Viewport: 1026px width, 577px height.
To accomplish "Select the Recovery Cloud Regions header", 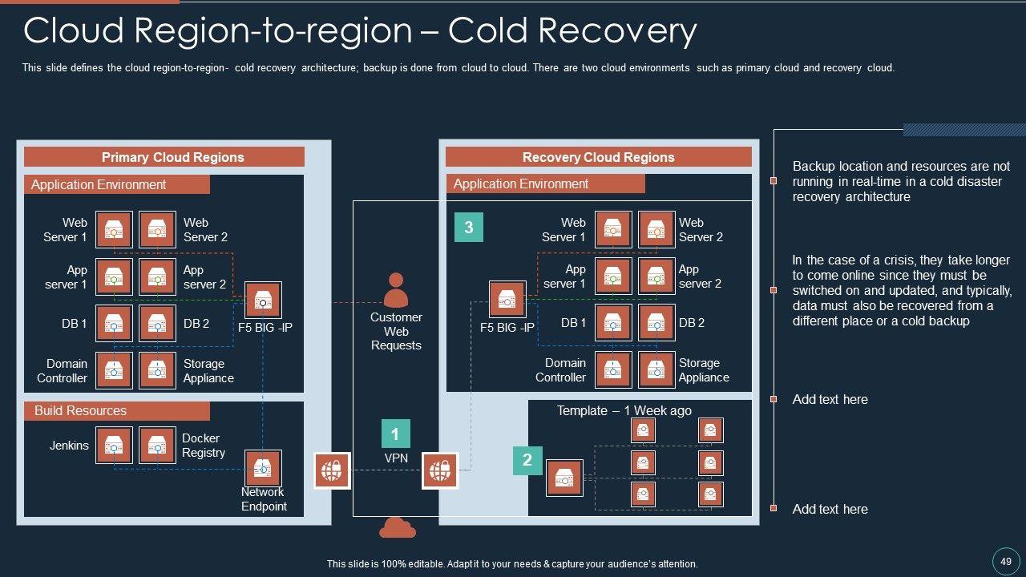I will point(598,157).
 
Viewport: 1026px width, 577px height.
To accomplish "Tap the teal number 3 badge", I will point(469,227).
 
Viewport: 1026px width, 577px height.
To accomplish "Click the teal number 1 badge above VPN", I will point(395,434).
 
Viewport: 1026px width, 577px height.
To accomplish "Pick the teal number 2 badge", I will point(527,460).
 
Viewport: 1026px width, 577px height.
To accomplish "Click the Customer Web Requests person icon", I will point(396,290).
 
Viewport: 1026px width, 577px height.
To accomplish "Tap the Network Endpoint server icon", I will point(262,468).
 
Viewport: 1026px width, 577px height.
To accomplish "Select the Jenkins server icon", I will point(114,446).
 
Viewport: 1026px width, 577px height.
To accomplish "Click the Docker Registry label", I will point(203,446).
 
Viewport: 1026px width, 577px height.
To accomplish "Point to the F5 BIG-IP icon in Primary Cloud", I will point(263,300).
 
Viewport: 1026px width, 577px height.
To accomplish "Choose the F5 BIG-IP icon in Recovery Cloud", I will point(507,300).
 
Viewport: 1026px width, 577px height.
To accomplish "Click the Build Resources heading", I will point(80,411).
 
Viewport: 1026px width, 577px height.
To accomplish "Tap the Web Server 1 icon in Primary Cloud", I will point(114,230).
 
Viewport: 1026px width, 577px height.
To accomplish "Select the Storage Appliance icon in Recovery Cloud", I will point(656,369).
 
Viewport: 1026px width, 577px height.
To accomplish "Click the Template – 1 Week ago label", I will point(624,410).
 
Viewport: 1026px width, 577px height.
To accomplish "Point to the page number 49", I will point(1006,561).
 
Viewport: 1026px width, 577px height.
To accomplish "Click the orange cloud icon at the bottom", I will point(397,527).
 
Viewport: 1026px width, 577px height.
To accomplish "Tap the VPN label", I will point(396,458).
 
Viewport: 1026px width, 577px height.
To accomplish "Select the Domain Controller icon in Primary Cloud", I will point(114,370).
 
